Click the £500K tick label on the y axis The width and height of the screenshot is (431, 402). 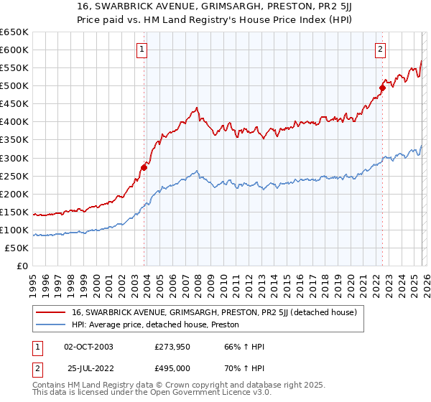[x=14, y=85]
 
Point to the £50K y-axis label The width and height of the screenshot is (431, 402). [x=17, y=248]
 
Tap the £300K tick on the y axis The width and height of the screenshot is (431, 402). [x=14, y=158]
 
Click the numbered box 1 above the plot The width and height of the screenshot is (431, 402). [x=142, y=50]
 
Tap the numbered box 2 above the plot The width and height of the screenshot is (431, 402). [x=380, y=50]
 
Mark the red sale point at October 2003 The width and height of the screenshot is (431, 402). [x=144, y=167]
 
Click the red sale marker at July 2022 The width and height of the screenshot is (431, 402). [x=382, y=88]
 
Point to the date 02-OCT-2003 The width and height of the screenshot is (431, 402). [x=88, y=347]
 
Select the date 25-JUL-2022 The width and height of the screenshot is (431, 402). [x=88, y=368]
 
